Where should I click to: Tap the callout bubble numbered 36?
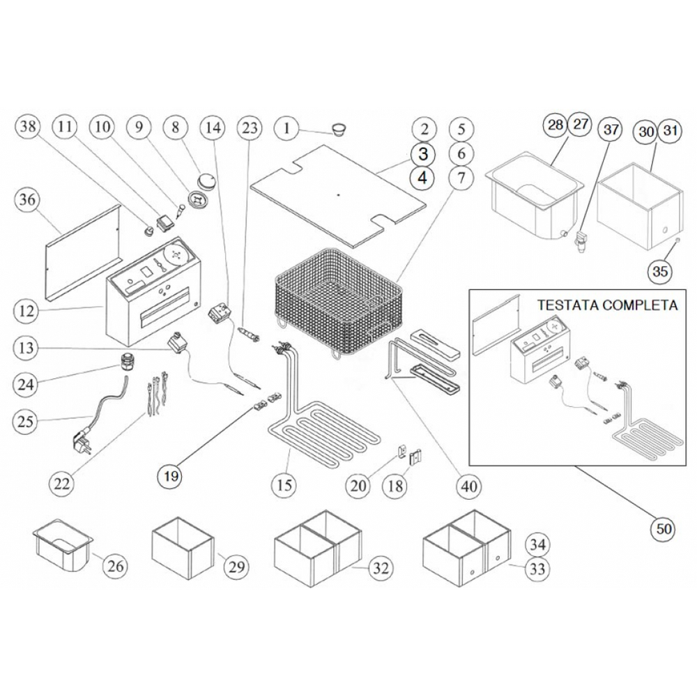pos(27,200)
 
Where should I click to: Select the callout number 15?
pos(284,484)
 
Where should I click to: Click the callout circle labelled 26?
pos(116,566)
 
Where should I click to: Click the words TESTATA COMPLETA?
pos(607,305)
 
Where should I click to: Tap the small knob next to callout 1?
pos(338,128)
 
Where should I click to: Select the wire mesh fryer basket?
pos(338,296)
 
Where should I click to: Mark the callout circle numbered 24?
pos(27,383)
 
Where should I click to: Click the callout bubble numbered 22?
pos(63,482)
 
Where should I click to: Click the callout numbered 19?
pos(171,477)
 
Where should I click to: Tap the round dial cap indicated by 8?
pos(206,180)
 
